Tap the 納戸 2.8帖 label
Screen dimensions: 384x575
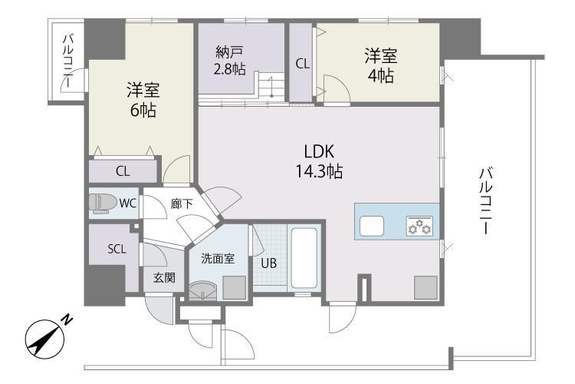pyautogui.click(x=230, y=60)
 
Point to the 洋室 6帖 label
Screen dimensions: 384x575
pyautogui.click(x=143, y=100)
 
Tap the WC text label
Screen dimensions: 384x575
pyautogui.click(x=127, y=204)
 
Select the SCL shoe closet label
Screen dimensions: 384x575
pyautogui.click(x=116, y=248)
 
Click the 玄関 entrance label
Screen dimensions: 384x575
pyautogui.click(x=163, y=277)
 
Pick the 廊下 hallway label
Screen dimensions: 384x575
pyautogui.click(x=181, y=204)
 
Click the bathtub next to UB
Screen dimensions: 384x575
pyautogui.click(x=306, y=257)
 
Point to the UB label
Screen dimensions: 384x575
pyautogui.click(x=268, y=263)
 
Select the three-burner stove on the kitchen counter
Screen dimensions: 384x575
pyautogui.click(x=420, y=227)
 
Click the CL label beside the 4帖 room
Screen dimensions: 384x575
pyautogui.click(x=303, y=65)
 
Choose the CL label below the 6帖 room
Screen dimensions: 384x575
pyautogui.click(x=123, y=171)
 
